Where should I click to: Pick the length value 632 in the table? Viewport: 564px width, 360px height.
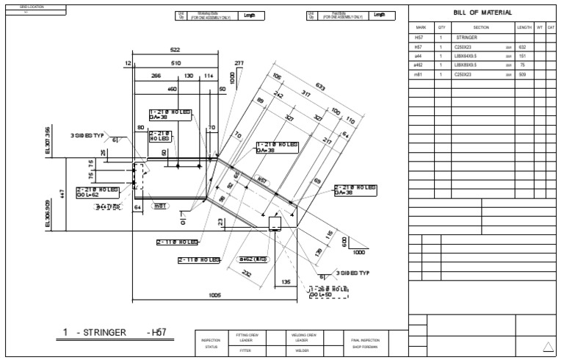point(523,46)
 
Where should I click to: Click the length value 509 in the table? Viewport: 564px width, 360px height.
point(523,74)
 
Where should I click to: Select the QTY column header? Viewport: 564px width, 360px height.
point(441,26)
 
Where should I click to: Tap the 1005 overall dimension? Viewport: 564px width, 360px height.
point(215,295)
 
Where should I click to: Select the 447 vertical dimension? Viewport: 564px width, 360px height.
point(63,192)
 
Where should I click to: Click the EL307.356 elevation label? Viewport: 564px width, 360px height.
point(48,140)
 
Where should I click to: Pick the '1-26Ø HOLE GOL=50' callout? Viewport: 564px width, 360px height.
point(328,292)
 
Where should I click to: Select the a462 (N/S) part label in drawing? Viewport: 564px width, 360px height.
point(252,259)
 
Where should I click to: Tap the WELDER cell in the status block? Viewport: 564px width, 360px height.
point(297,351)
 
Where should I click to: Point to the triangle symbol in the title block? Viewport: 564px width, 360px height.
point(547,347)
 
